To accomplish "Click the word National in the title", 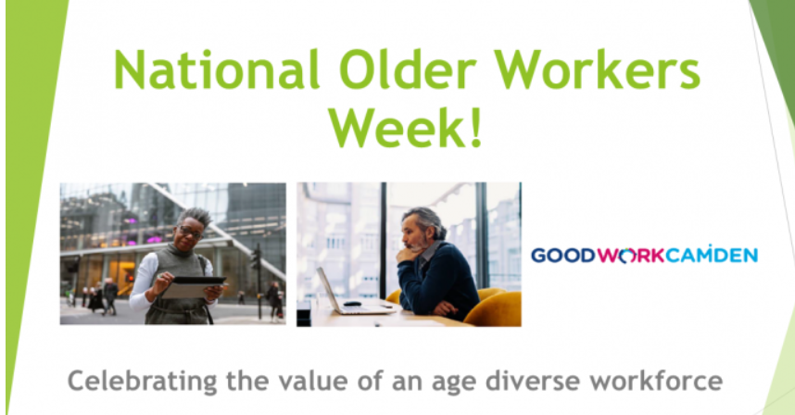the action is click(x=217, y=69).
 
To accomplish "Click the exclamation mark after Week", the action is click(x=475, y=127).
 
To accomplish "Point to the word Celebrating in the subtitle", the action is click(x=143, y=381).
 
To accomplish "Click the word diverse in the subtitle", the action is click(x=532, y=381).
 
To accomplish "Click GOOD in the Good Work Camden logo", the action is click(x=563, y=256).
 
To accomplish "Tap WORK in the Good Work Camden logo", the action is click(x=630, y=256).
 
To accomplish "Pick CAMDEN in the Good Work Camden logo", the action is click(x=712, y=254).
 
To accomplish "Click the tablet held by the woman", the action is click(x=193, y=287).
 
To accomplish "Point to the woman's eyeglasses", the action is click(x=191, y=233).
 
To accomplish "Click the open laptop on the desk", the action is click(x=351, y=293).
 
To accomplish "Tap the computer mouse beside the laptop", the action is click(x=352, y=304).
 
